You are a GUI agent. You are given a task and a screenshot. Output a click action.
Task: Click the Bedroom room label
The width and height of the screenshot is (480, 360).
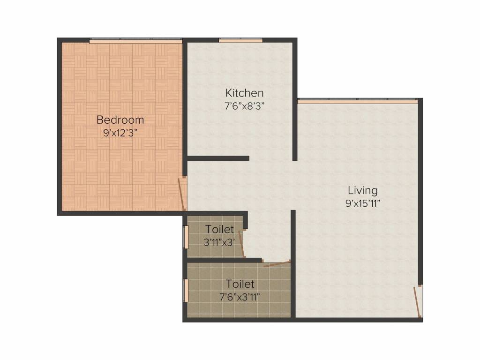(x=120, y=120)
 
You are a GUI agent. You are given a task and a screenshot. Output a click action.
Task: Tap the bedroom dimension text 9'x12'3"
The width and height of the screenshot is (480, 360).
(x=120, y=133)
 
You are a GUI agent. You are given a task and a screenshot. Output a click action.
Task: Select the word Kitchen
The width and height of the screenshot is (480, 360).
(x=244, y=93)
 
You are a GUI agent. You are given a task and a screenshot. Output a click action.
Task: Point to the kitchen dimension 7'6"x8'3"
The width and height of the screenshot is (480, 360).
(x=244, y=106)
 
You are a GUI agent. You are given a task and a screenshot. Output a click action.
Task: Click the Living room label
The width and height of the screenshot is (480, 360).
(x=363, y=190)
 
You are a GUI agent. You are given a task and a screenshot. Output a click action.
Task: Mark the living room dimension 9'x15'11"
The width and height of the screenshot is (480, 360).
(x=363, y=203)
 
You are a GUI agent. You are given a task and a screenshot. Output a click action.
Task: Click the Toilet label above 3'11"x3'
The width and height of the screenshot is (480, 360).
(x=219, y=229)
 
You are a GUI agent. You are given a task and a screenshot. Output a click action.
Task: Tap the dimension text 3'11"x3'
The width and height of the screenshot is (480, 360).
(x=219, y=242)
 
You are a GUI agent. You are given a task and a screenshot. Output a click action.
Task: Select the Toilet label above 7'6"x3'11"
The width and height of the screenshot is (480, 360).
(x=240, y=284)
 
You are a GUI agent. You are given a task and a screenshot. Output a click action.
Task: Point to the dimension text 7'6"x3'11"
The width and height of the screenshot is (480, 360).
(x=240, y=297)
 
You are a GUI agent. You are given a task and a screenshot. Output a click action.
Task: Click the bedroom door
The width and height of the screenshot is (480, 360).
(x=182, y=194)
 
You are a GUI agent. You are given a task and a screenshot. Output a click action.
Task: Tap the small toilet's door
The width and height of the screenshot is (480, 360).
(x=241, y=244)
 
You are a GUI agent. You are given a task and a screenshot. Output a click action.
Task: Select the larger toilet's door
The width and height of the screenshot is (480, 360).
(x=277, y=263)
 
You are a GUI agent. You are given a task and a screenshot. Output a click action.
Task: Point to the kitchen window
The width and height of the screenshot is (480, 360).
(x=240, y=40)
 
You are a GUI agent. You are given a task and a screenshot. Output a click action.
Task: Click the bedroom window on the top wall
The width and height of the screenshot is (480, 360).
(x=135, y=41)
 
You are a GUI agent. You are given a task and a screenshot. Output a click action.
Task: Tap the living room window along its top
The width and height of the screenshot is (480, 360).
(x=358, y=101)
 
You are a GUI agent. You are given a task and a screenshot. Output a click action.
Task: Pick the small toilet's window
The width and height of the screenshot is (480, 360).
(x=185, y=237)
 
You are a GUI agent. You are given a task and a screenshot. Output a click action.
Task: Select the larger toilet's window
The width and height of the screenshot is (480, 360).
(x=185, y=291)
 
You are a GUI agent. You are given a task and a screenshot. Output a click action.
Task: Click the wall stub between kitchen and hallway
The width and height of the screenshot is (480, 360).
(x=218, y=158)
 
